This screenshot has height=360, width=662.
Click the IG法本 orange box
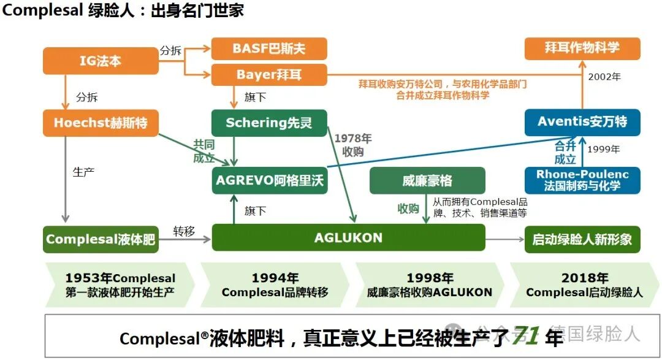[101, 61]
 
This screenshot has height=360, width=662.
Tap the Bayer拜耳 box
[269, 75]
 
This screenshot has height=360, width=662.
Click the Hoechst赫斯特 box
[101, 123]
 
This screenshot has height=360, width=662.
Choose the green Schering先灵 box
[269, 123]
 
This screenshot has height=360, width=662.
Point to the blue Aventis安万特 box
[582, 122]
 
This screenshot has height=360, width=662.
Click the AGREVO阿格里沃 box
[269, 180]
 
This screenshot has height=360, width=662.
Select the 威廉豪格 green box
[427, 180]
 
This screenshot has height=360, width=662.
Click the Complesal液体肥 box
[101, 239]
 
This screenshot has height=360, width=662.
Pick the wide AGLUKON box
[348, 238]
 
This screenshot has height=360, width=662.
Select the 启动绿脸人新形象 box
[582, 239]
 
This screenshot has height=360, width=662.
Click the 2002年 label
[604, 77]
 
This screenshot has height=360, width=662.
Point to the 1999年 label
[604, 149]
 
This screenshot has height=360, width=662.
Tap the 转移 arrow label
[184, 231]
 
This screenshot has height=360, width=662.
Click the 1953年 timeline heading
[121, 278]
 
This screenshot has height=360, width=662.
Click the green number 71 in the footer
[527, 335]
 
